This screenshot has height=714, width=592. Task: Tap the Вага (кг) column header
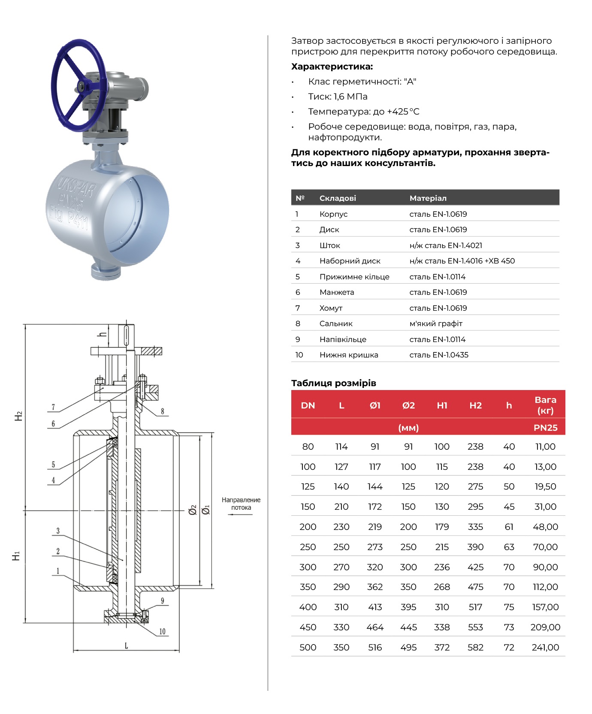545,405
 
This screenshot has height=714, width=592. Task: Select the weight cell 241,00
545,647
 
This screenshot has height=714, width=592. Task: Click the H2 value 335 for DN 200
475,526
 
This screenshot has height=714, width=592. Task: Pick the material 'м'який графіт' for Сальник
436,324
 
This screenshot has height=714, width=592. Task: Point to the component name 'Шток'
329,245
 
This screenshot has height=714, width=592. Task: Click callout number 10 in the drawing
162,631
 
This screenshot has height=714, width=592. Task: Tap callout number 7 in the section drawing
53,407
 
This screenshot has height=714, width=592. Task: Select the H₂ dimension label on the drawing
18,416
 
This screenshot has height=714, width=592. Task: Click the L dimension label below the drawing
126,645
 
